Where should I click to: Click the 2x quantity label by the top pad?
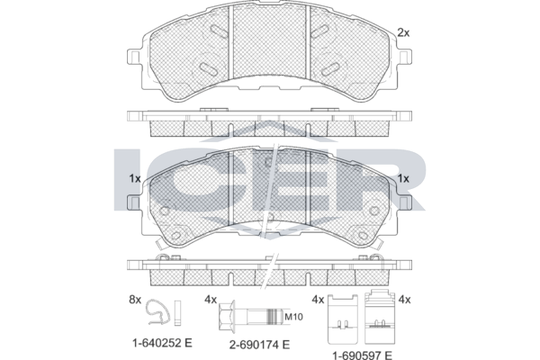pyautogui.click(x=403, y=32)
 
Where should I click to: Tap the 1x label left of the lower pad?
pyautogui.click(x=135, y=178)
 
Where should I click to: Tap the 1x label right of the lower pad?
pyautogui.click(x=403, y=178)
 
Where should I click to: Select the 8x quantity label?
pyautogui.click(x=135, y=300)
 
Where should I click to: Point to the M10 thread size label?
pyautogui.click(x=293, y=317)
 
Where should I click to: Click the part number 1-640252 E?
pyautogui.click(x=162, y=343)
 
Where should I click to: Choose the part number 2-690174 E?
pyautogui.click(x=260, y=344)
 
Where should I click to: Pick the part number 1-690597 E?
pyautogui.click(x=362, y=355)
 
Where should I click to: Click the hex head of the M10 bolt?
pyautogui.click(x=227, y=317)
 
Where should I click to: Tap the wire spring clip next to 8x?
pyautogui.click(x=157, y=311)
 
